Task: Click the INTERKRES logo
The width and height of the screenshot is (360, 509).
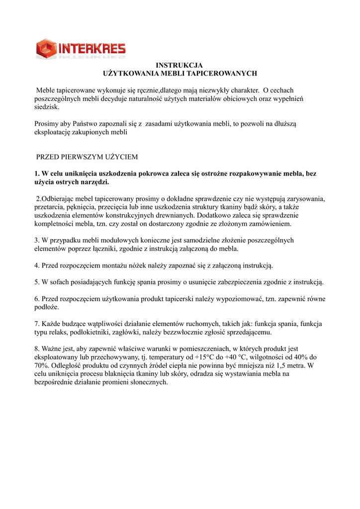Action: pyautogui.click(x=81, y=49)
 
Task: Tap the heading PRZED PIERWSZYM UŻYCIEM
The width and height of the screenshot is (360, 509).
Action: pyautogui.click(x=87, y=157)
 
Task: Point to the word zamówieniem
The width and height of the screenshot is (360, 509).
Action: pyautogui.click(x=268, y=224)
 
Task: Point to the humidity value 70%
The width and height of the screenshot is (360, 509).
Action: pyautogui.click(x=41, y=366)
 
